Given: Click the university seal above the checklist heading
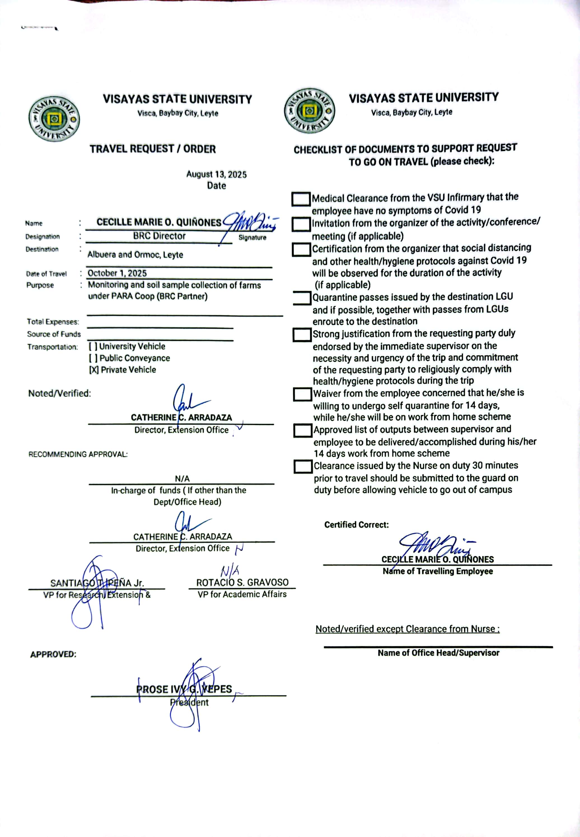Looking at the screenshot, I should [x=309, y=111].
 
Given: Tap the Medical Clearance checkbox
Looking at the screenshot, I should [x=301, y=199].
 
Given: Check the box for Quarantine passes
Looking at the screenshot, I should [x=302, y=298].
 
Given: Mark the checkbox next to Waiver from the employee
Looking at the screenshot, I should [x=303, y=394].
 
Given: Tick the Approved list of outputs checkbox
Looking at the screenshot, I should [x=303, y=431].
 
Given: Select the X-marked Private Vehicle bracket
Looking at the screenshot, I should [x=94, y=370].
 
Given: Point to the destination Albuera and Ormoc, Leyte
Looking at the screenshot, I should [x=135, y=255].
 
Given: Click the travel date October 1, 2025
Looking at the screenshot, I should [x=117, y=273].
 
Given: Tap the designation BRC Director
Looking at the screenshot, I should [x=159, y=236].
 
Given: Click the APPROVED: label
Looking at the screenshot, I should [x=53, y=654].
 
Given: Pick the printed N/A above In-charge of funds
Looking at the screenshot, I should [x=182, y=478].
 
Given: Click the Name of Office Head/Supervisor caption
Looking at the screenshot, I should [x=438, y=653].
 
